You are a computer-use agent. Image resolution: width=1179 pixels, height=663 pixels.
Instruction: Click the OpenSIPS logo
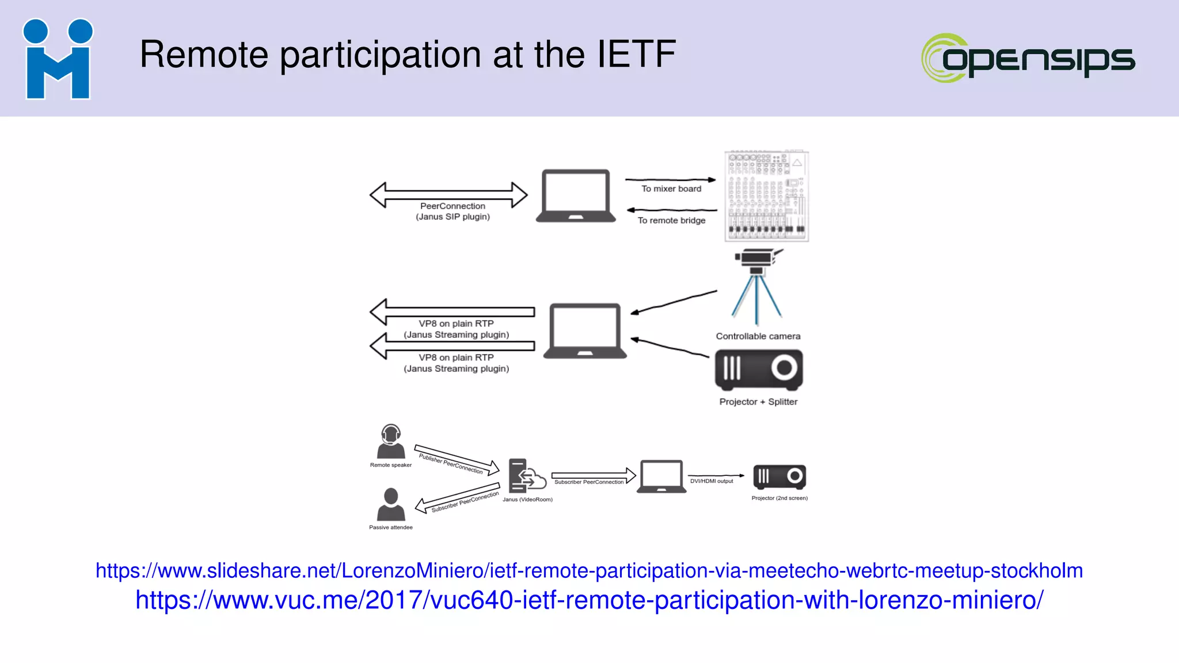1028,58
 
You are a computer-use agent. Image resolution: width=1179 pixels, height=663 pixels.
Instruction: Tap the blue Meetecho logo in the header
58,59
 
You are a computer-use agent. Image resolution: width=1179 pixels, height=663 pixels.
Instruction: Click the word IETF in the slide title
636,55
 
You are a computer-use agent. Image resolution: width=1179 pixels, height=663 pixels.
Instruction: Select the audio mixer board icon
766,196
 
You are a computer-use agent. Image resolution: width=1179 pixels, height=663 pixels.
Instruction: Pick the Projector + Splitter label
758,402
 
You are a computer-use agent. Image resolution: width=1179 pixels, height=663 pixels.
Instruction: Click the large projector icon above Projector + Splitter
759,369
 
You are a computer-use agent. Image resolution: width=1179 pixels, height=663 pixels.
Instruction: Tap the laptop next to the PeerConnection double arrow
575,196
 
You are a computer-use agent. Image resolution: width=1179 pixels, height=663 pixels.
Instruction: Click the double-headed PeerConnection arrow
448,195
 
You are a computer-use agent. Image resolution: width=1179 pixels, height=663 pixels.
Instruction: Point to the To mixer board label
671,189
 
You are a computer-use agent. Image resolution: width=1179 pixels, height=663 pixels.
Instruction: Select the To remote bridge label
671,220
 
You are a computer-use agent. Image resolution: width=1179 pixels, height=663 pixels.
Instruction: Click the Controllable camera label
758,336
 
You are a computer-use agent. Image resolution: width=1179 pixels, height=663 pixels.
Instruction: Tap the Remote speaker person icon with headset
391,441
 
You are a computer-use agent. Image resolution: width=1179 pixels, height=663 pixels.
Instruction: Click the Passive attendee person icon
391,504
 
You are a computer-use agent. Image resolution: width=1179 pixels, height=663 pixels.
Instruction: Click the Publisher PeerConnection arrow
457,459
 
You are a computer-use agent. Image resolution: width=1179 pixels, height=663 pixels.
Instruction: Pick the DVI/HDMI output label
712,481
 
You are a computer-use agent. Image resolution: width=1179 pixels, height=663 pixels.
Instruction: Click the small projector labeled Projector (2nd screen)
779,477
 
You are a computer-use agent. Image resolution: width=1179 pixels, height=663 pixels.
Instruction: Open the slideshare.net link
589,571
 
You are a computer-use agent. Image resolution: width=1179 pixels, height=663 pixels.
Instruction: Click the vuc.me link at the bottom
589,600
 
